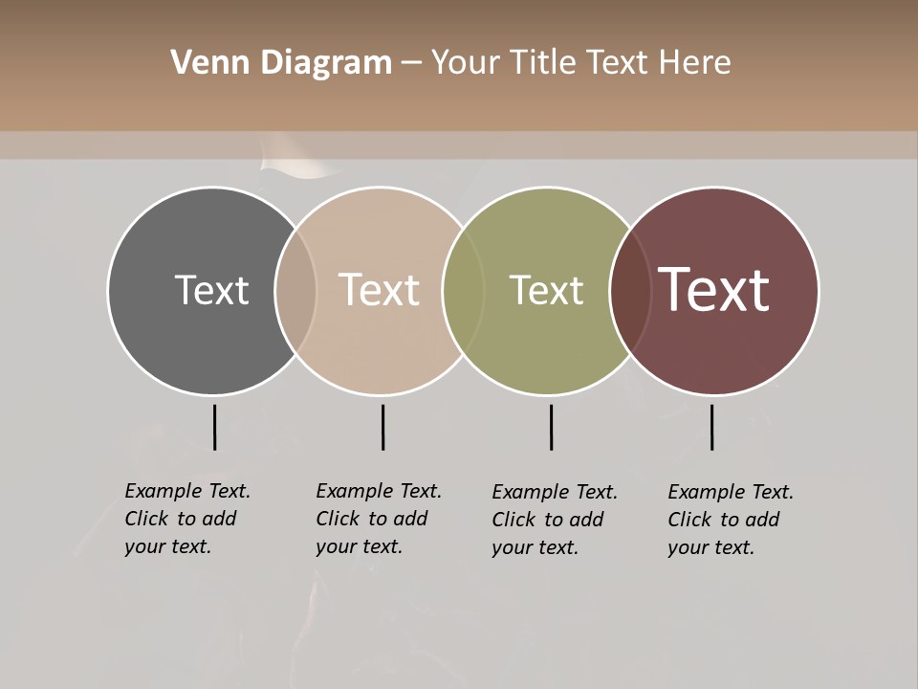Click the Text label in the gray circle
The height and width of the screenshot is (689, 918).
point(211,290)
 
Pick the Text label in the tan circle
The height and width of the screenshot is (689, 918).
point(380,290)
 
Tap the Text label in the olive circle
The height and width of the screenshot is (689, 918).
point(546,290)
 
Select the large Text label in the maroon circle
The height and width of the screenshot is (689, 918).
point(714,290)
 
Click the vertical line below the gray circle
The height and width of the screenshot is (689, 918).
point(214,427)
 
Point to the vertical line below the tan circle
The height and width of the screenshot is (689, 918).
point(382,427)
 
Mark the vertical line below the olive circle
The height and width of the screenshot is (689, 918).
point(551,427)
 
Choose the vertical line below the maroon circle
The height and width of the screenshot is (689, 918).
point(711,427)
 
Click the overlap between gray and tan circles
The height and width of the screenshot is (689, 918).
point(295,290)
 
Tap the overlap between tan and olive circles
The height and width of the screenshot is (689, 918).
point(463,290)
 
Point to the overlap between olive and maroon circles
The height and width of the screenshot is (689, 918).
point(630,290)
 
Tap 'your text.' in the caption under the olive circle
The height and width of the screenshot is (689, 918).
point(535,547)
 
